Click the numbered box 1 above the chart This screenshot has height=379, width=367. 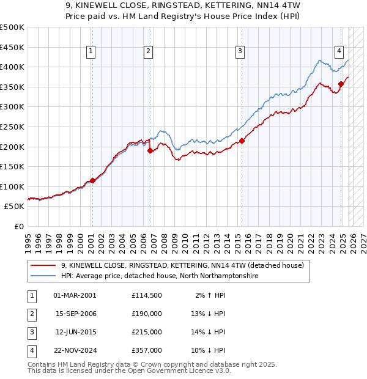pyautogui.click(x=91, y=52)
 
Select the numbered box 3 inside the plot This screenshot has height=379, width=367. pyautogui.click(x=240, y=52)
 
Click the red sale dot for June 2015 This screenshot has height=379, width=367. pyautogui.click(x=242, y=141)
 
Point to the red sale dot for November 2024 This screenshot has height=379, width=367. pyautogui.click(x=341, y=84)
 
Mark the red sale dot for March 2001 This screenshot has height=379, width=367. pyautogui.click(x=92, y=180)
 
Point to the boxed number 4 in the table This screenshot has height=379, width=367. pyautogui.click(x=31, y=351)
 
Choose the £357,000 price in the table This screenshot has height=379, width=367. pyautogui.click(x=146, y=351)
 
